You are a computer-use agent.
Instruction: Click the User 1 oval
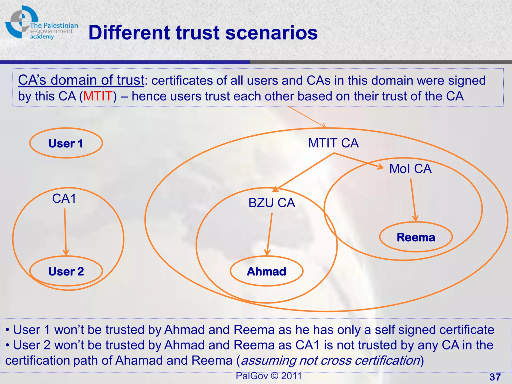coord(66,143)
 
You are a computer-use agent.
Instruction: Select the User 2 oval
coord(66,271)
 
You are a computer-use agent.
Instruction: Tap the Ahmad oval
coord(266,271)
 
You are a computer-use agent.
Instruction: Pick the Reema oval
coord(416,237)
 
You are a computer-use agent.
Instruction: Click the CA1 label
coord(64,199)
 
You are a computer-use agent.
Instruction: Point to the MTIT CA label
coord(333,143)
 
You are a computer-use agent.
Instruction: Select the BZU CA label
coord(271,203)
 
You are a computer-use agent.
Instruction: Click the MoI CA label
coord(410,169)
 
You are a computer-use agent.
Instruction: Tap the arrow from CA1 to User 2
coord(65,231)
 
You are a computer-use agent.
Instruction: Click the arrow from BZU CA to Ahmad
coord(269,234)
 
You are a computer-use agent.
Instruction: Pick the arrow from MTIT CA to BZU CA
coord(304,172)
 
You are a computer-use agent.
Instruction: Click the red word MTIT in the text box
coord(98,96)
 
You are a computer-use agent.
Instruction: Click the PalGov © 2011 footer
coord(268,376)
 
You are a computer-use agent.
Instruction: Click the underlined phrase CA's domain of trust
coord(81,80)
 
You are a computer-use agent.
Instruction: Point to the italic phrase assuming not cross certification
coord(330,360)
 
